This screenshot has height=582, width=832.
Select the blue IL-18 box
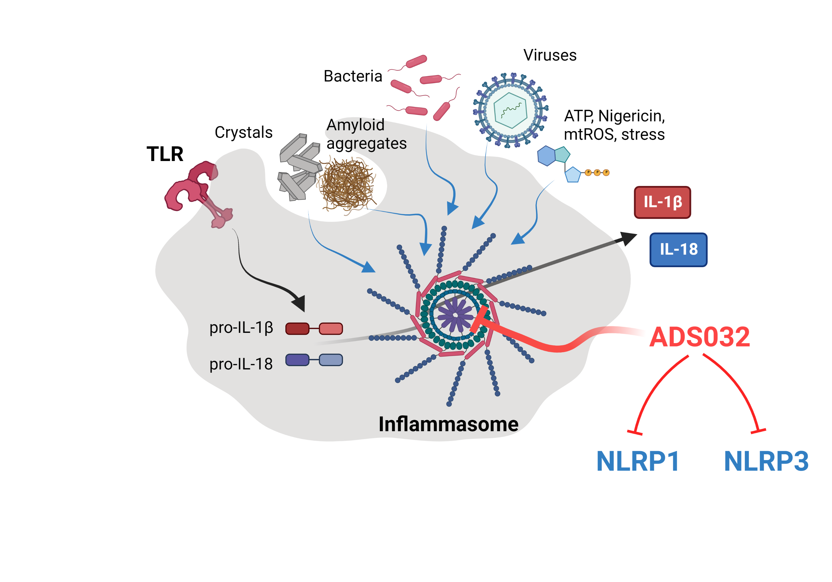point(678,249)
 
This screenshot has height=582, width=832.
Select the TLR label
point(165,154)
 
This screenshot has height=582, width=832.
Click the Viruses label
point(550,55)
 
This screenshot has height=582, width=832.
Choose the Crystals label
point(243,132)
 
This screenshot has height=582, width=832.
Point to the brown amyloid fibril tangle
point(347,185)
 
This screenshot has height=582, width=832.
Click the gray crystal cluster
point(299,167)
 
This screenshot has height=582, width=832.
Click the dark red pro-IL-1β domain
point(297,328)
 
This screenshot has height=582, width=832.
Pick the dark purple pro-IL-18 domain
point(297,360)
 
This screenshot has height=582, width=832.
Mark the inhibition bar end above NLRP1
point(635,432)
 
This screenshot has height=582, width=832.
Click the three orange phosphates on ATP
point(597,172)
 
